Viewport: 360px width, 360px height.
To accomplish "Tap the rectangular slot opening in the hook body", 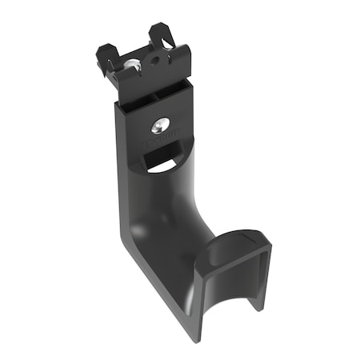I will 160,163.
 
